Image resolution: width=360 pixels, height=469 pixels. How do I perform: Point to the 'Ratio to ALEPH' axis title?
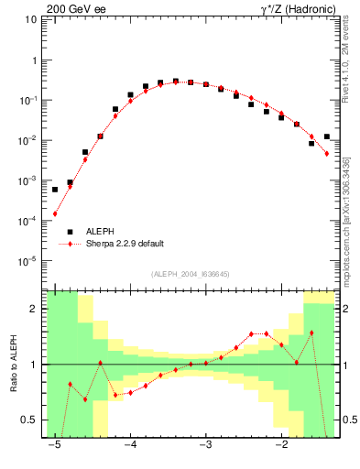click(14, 364)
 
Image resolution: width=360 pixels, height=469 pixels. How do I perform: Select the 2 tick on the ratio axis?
click(35, 309)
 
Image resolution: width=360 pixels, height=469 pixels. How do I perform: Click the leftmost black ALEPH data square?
click(55, 190)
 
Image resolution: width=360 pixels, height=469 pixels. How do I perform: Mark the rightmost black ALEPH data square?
click(327, 136)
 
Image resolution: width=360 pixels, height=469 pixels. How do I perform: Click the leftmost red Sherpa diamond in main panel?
click(55, 214)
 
